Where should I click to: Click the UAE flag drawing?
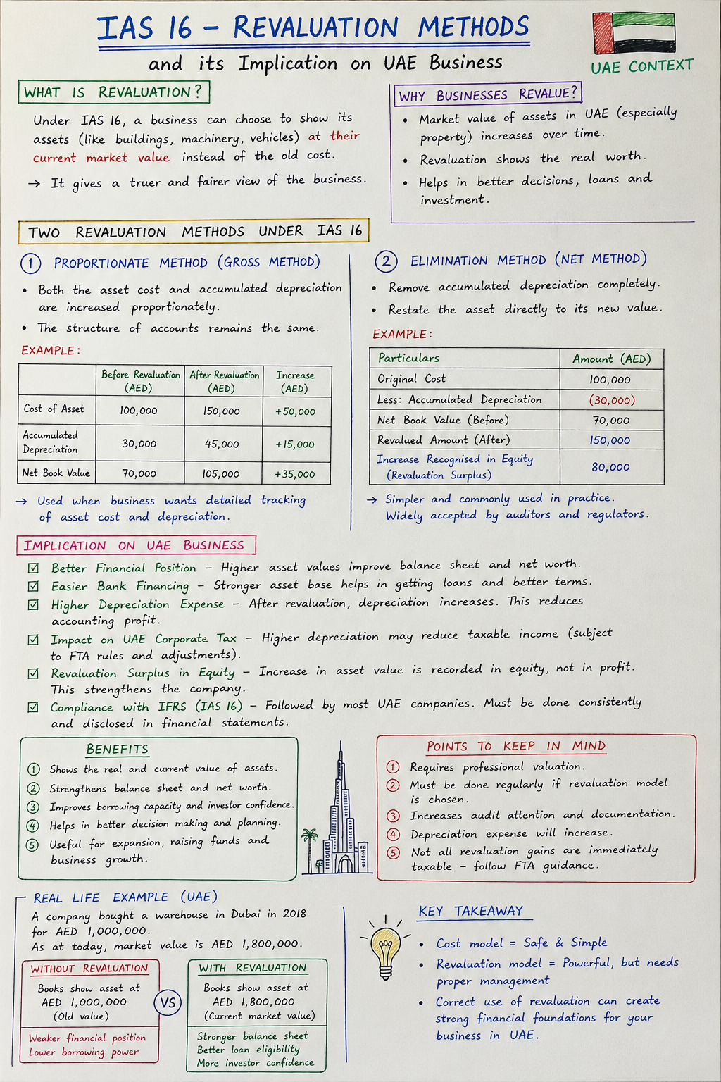(634, 33)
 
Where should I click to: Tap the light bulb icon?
(385, 949)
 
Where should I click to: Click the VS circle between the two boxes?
(168, 1002)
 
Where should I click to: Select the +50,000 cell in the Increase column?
(295, 411)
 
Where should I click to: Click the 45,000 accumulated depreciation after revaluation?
(222, 444)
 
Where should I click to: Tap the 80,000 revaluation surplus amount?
(610, 467)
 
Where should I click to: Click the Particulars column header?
(408, 358)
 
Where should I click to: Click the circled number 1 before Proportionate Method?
(31, 263)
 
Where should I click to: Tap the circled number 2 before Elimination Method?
(386, 262)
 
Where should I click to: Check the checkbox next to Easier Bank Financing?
(33, 586)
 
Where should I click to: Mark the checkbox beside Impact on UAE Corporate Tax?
(33, 640)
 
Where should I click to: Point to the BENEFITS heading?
(118, 749)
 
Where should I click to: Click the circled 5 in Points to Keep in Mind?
(394, 852)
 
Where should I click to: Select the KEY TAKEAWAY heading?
(470, 911)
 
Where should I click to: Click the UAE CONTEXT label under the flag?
(641, 67)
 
